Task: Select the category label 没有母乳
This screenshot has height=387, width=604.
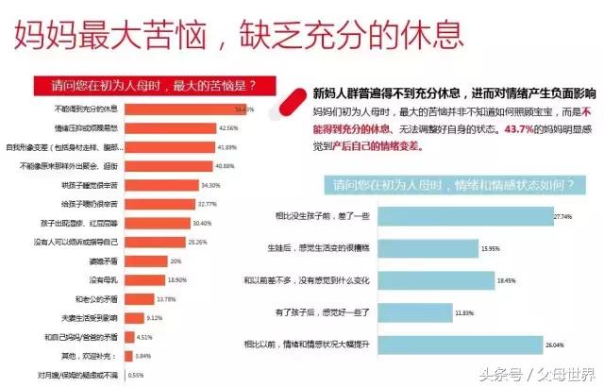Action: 103,280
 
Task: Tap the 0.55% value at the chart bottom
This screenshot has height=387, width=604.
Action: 136,376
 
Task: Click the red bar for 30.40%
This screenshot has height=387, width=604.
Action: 156,223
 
